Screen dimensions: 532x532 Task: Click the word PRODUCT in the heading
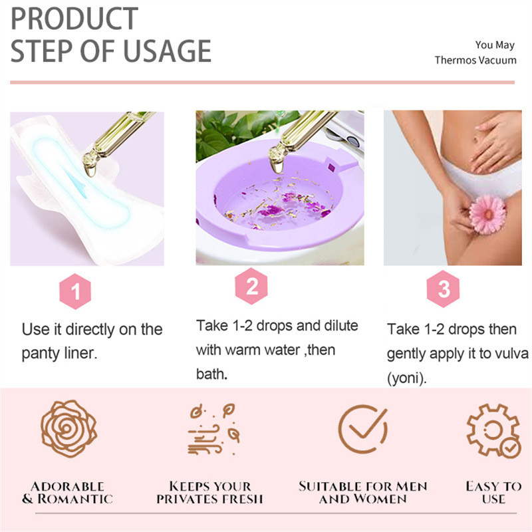(74, 19)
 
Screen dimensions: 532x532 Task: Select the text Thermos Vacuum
(475, 60)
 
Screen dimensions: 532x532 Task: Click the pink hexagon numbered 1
(75, 291)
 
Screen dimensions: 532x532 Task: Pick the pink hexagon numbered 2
(251, 286)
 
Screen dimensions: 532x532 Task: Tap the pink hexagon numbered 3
(443, 289)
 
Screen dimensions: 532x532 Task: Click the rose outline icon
(69, 428)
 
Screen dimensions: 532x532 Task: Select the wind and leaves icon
(214, 429)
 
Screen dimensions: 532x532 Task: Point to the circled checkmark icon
(363, 428)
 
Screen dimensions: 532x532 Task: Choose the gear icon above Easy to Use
(493, 430)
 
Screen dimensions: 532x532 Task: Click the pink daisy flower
(487, 214)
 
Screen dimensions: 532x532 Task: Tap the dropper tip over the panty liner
(90, 172)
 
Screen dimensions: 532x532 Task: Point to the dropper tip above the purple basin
(277, 168)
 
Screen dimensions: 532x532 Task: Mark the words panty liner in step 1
(59, 354)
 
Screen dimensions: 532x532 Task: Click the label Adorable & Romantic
(68, 493)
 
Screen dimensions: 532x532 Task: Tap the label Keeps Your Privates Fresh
(209, 493)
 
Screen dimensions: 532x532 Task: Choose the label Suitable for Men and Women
(362, 493)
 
